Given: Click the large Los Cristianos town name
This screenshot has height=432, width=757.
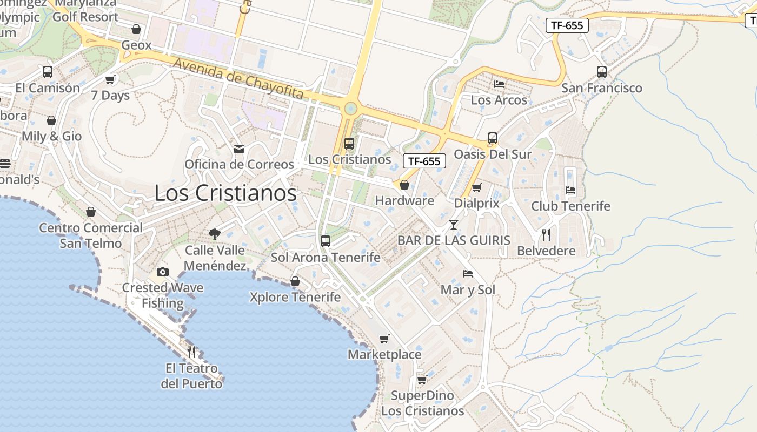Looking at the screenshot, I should (225, 193).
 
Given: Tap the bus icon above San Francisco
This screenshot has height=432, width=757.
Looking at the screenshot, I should (601, 72).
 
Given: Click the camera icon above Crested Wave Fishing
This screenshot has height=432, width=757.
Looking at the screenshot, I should (162, 272).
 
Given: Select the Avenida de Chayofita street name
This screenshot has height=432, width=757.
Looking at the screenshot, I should (238, 79).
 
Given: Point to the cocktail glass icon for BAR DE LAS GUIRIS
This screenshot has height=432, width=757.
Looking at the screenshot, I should (453, 224).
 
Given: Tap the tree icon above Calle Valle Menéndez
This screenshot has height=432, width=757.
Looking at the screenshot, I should (215, 234).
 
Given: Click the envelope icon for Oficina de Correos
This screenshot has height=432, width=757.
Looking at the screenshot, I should (238, 149).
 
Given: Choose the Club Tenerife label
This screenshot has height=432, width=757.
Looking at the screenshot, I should (570, 206).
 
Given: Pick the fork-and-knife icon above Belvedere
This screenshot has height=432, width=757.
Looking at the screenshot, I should (546, 235).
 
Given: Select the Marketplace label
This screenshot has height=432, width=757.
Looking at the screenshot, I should (384, 354).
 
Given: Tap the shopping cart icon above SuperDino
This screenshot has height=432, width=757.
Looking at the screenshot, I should (422, 380).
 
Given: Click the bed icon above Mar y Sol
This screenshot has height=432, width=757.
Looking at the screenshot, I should (468, 274).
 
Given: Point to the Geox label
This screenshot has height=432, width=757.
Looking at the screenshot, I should (136, 45).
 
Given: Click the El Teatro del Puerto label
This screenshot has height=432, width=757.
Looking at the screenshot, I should (191, 376).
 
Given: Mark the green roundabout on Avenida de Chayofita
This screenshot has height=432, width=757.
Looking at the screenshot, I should (350, 109).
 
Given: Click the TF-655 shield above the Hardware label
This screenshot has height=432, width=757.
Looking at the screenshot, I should (424, 161).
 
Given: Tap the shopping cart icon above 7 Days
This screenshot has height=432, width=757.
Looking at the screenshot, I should (110, 80).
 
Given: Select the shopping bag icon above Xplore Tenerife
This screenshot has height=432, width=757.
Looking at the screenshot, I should (295, 281).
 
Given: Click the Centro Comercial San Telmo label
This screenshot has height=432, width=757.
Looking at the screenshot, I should (91, 235).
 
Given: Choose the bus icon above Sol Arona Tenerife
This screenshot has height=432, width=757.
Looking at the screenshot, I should (326, 241).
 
